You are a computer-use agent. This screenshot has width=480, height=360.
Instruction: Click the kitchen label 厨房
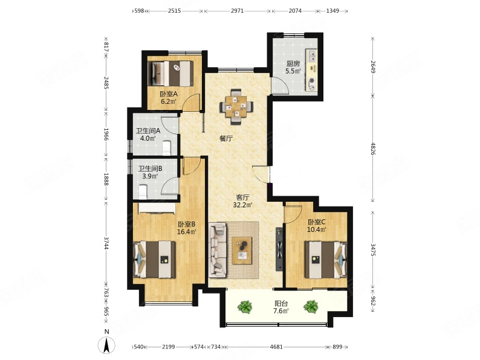(293, 64)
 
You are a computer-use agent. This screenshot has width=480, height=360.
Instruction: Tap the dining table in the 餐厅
(236, 107)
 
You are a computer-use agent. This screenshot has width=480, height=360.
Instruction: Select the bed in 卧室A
(170, 74)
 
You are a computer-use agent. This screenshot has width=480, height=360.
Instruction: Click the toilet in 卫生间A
(166, 147)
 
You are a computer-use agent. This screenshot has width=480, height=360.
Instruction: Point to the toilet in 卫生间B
(143, 191)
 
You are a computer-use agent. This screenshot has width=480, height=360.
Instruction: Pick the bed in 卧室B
(154, 259)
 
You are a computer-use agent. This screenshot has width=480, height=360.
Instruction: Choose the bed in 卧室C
(326, 260)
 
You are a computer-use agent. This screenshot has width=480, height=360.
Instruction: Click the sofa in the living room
(218, 250)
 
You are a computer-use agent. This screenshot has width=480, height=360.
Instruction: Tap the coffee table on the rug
(242, 250)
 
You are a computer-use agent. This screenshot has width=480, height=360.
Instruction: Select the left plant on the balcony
(245, 307)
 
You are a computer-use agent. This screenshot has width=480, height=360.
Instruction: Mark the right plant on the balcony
(311, 306)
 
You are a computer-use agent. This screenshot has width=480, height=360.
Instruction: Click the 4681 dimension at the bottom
(276, 347)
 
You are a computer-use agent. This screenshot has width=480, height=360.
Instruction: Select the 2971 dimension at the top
(237, 11)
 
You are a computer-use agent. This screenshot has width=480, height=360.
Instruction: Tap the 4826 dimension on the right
(373, 149)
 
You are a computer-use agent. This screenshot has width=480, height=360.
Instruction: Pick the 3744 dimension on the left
(106, 243)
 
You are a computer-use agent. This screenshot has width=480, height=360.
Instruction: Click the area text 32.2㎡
(242, 205)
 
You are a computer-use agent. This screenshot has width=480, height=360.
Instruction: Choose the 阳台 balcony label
(281, 304)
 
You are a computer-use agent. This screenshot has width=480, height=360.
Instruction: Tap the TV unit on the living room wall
(279, 249)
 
